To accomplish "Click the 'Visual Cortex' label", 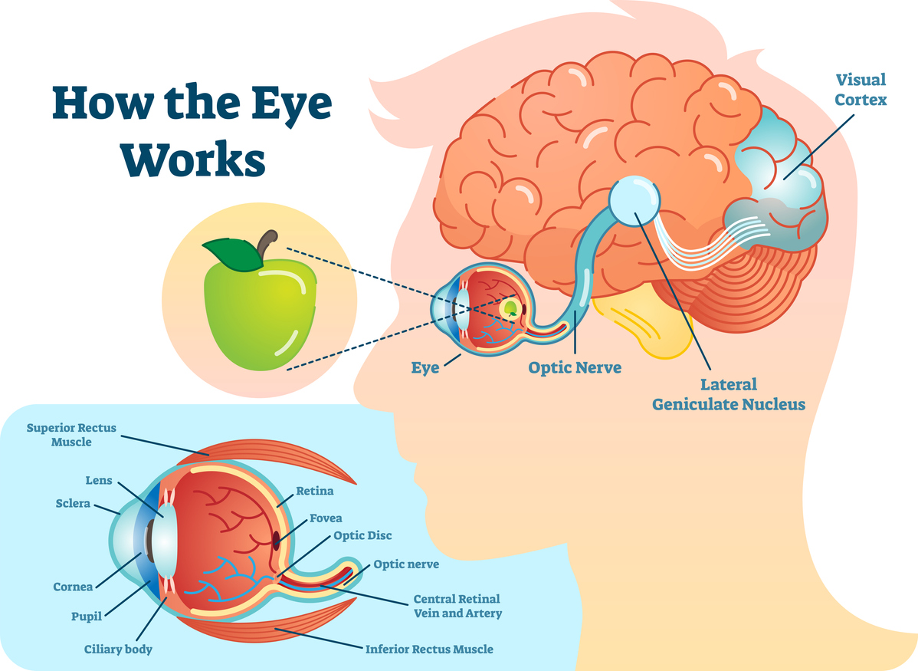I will pos(861,89).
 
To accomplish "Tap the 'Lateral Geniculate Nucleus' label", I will pos(729,393).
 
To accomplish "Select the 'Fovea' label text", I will pos(326,518).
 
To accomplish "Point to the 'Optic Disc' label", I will pos(362,535).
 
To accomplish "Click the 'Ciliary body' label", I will pos(118,650).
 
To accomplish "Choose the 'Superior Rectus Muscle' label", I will pos(71,435).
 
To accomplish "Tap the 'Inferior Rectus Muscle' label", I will pos(429,649).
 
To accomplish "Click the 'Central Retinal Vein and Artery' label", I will pos(457,606).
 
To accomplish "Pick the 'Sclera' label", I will pos(73,504).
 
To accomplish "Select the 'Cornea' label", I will pos(73,587).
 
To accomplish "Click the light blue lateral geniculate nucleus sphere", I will pos(634,202).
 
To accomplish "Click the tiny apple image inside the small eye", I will pos(510,309).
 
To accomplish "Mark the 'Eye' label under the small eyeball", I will pos(425,368).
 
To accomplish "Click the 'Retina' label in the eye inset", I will pos(315,492).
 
